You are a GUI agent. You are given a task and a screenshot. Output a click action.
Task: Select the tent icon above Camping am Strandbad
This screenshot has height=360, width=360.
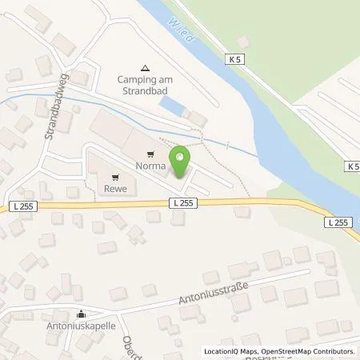144,69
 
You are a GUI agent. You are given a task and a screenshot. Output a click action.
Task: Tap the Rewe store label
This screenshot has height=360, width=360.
114,189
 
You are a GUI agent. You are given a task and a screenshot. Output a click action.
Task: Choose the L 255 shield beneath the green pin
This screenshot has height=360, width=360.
181,203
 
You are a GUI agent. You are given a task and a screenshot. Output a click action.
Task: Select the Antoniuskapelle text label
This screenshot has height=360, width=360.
81,326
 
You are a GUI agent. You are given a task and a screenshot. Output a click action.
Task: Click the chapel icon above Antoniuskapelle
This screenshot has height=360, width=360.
81,314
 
